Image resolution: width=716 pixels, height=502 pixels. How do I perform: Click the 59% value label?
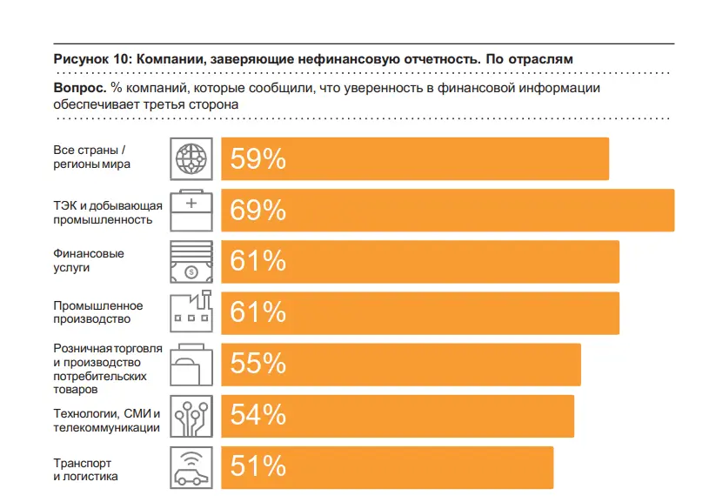click(x=258, y=159)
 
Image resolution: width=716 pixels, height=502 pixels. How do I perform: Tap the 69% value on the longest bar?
click(x=258, y=211)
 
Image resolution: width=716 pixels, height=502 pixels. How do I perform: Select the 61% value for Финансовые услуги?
click(x=258, y=261)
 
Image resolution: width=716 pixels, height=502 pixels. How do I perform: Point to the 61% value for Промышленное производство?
click(x=258, y=312)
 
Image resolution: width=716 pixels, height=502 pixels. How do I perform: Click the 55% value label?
click(x=258, y=364)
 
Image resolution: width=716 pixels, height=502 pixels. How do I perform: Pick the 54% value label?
click(x=258, y=415)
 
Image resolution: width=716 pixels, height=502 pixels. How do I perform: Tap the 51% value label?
click(x=258, y=466)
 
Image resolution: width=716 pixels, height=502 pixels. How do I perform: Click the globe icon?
click(x=191, y=159)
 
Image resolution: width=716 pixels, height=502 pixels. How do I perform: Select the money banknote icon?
click(x=191, y=261)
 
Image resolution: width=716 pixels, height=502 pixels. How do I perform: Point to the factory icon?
click(x=191, y=312)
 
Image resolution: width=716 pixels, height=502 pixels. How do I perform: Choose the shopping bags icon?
click(x=191, y=364)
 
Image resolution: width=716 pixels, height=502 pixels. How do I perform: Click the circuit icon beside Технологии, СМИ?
click(x=191, y=416)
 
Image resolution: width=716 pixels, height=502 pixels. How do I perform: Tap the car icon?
click(x=191, y=467)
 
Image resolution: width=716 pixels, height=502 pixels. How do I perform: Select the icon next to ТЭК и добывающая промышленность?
click(x=191, y=211)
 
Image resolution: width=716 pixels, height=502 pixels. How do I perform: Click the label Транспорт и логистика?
click(x=85, y=470)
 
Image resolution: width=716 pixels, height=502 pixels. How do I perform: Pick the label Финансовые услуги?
click(x=89, y=261)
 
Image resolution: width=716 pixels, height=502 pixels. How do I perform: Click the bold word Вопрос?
click(x=80, y=88)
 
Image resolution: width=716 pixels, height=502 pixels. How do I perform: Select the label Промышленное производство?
click(x=97, y=312)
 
